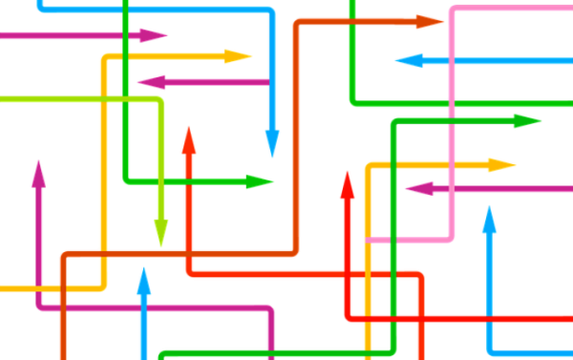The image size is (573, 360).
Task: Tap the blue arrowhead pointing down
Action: pos(272,145)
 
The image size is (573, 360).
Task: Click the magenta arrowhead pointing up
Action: pos(38,174)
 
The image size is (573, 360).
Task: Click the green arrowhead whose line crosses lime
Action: pos(260,180)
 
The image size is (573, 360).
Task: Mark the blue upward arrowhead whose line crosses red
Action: pos(489,222)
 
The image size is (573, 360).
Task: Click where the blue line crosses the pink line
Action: pos(452,61)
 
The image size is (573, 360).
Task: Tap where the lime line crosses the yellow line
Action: pos(102,98)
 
